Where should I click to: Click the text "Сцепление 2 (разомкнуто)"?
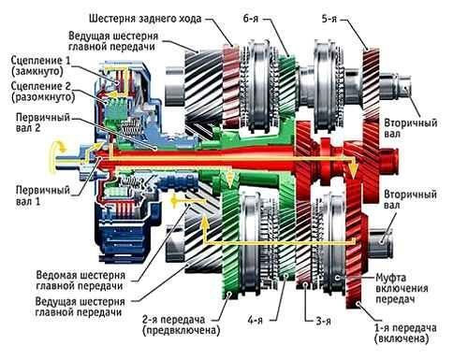click(x=37, y=94)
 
